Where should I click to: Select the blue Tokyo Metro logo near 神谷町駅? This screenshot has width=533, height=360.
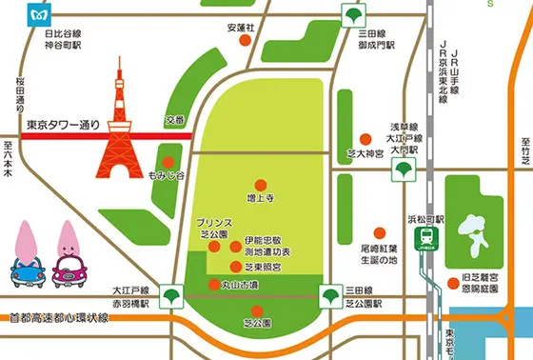click(41, 14)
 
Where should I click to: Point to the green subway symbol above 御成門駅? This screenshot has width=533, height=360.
click(354, 15)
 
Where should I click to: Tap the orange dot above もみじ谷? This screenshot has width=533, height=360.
click(168, 161)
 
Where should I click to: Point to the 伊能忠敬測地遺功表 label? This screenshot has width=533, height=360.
click(266, 245)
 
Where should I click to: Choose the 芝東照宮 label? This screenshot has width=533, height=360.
click(264, 270)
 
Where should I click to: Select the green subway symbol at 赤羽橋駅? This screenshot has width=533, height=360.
click(171, 295)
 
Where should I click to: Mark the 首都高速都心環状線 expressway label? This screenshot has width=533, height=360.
click(57, 318)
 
